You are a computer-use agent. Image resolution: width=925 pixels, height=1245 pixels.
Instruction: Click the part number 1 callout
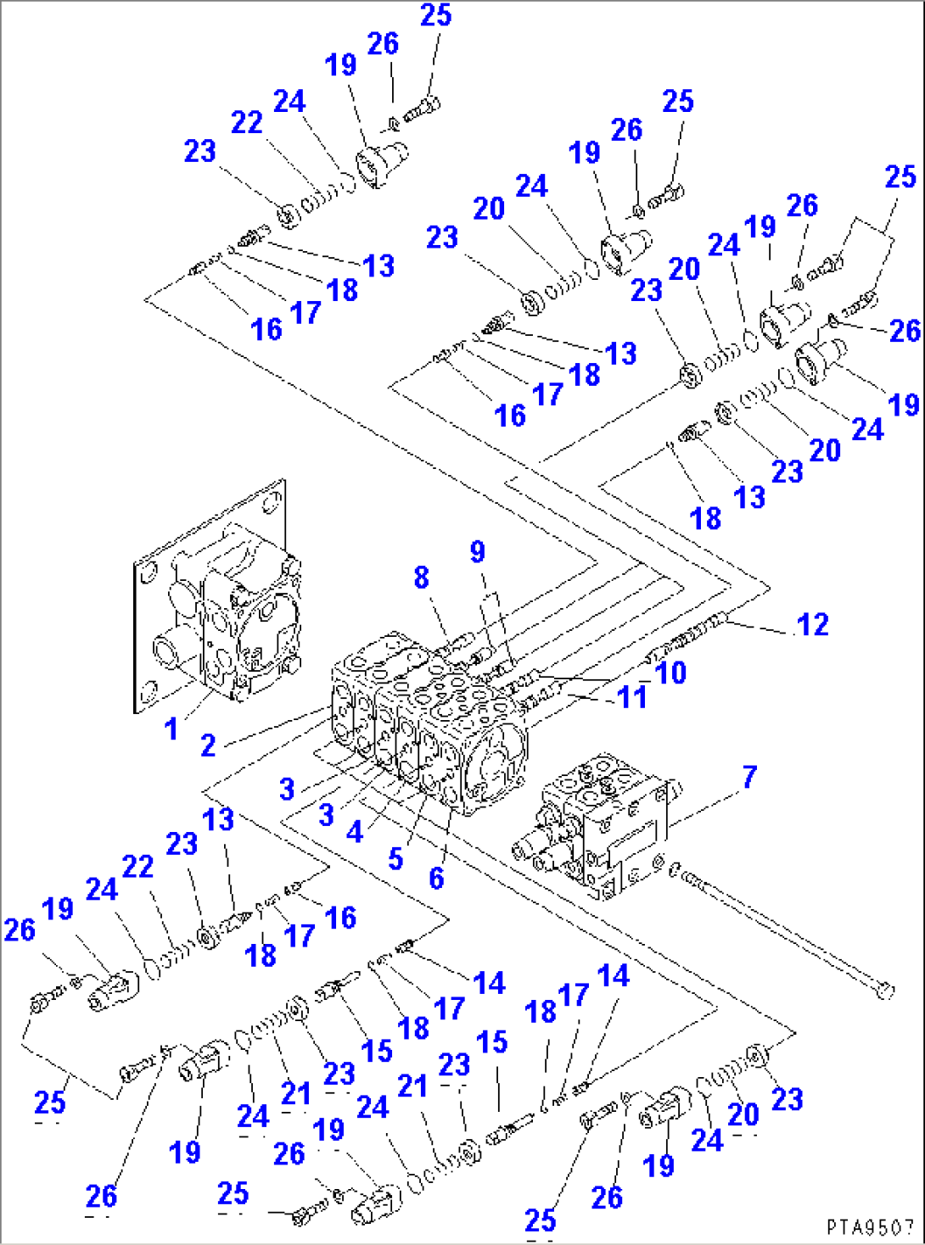[x=171, y=728]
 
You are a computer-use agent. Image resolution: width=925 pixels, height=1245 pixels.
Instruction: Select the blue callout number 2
[x=208, y=745]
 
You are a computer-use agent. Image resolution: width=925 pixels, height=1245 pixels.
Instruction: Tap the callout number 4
[x=355, y=831]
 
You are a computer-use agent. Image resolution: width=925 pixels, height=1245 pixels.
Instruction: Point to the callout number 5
[x=395, y=858]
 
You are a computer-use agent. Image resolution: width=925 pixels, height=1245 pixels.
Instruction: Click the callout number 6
[x=436, y=878]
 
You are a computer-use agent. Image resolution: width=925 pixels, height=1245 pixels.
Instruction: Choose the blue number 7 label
[x=749, y=777]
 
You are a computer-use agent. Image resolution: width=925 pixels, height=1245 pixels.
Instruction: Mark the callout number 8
[x=421, y=578]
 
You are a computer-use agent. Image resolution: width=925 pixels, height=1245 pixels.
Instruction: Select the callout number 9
[x=478, y=552]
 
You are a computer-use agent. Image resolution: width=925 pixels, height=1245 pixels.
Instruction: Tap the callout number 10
[x=671, y=673]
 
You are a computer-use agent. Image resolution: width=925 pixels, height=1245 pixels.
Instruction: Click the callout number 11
[x=632, y=697]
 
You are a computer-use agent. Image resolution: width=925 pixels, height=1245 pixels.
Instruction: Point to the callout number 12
[x=812, y=625]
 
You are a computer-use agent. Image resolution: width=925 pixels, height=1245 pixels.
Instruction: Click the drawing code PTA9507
[x=870, y=1227]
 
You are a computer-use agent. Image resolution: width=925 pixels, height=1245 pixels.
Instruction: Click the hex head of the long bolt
[x=884, y=990]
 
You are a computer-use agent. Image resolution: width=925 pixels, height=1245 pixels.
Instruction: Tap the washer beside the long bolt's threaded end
[x=674, y=869]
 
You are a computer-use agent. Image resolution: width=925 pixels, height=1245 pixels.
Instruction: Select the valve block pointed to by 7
[x=594, y=827]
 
